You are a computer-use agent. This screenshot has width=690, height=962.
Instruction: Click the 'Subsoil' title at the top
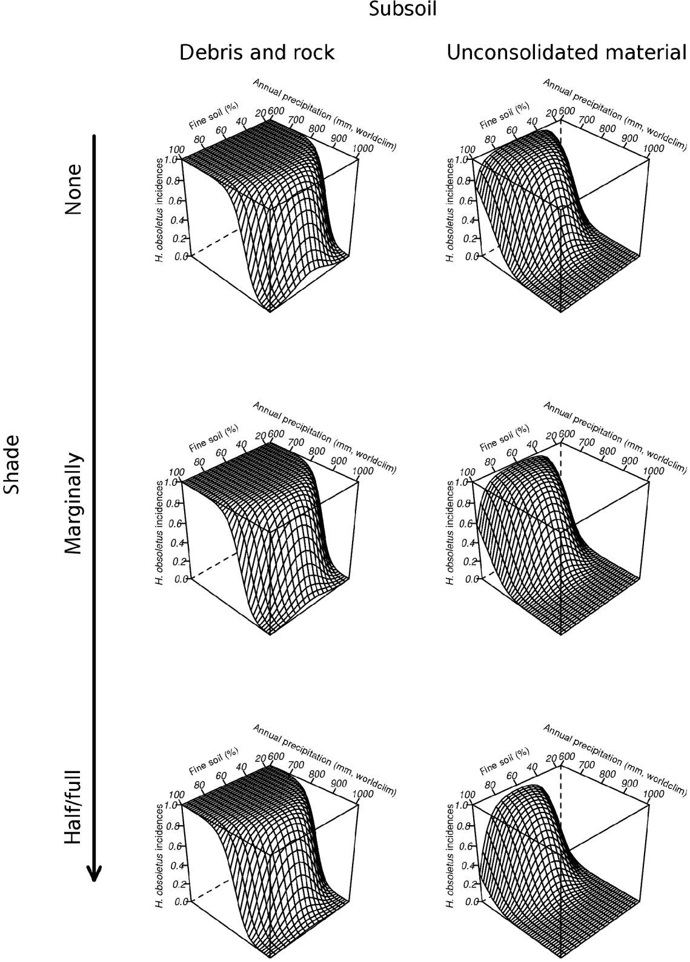[x=403, y=10]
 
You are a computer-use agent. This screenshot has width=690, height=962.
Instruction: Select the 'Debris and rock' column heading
[x=257, y=53]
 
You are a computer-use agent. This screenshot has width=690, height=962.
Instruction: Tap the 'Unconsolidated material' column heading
[x=567, y=53]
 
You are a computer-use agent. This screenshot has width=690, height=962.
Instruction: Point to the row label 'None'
[x=73, y=189]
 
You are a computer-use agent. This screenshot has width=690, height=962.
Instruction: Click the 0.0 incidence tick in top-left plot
[x=180, y=256]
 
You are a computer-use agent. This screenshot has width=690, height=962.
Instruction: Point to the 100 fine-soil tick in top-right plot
[x=466, y=150]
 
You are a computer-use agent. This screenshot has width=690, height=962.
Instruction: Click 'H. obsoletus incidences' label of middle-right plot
[x=449, y=533]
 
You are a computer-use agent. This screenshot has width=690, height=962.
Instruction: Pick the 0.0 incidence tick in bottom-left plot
[x=180, y=901]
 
